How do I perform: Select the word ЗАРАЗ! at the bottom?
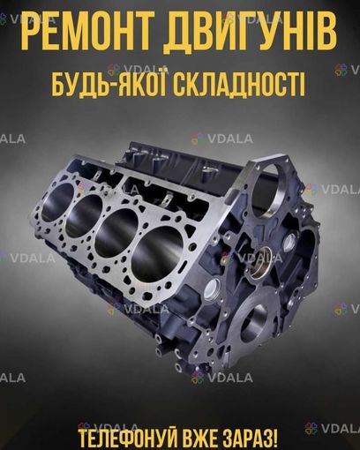click(251, 437)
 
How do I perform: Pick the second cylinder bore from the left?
click(83, 215)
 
